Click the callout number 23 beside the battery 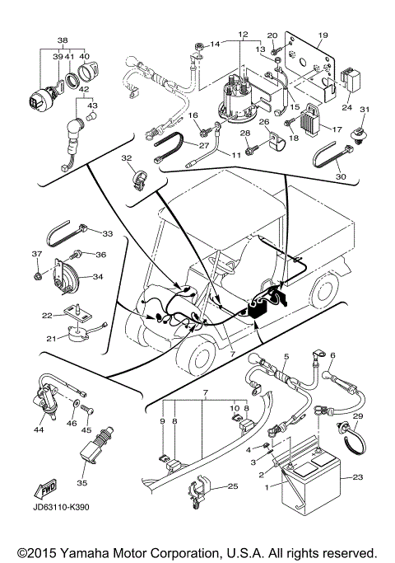tap(357, 476)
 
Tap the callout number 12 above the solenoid tap(242, 35)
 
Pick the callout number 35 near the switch tap(81, 483)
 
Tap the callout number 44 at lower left tap(39, 429)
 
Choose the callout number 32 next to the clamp tap(126, 157)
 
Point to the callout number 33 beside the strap tap(107, 233)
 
